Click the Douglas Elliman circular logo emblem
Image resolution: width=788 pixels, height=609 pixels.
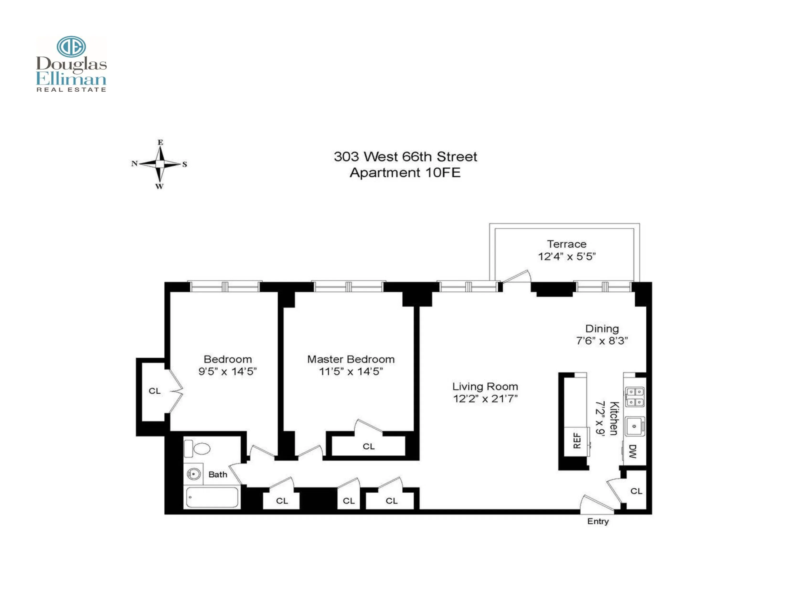pyautogui.click(x=71, y=47)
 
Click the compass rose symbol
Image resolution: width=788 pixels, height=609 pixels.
pyautogui.click(x=160, y=164)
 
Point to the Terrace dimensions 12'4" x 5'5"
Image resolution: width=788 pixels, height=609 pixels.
pyautogui.click(x=566, y=256)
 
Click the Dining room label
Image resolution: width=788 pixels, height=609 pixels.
pyautogui.click(x=602, y=329)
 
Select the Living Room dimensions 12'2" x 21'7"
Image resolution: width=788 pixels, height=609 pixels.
pyautogui.click(x=485, y=399)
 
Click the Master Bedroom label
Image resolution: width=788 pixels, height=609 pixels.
pyautogui.click(x=351, y=359)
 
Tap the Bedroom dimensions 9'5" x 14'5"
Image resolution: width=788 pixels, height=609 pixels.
pyautogui.click(x=227, y=371)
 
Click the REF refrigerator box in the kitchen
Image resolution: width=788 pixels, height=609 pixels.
pyautogui.click(x=577, y=441)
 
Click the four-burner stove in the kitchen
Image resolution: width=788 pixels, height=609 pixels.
pyautogui.click(x=635, y=397)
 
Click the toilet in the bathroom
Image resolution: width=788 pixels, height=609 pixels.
pyautogui.click(x=197, y=449)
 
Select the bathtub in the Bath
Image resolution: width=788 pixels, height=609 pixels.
pyautogui.click(x=212, y=497)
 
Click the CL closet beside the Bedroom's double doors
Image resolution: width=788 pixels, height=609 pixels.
pyautogui.click(x=154, y=391)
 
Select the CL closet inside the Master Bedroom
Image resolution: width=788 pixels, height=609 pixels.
pyautogui.click(x=368, y=446)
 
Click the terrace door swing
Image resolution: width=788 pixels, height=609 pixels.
pyautogui.click(x=517, y=276)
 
